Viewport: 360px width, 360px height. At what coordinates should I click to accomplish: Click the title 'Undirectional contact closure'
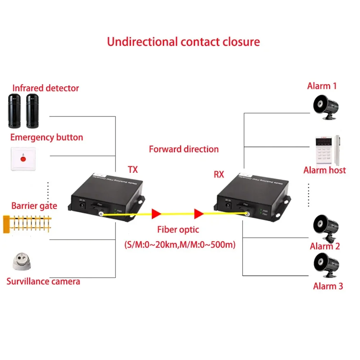[x=183, y=41]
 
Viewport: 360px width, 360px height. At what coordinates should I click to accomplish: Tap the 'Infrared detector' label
[x=46, y=88]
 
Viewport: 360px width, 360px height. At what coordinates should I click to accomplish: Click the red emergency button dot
[x=23, y=158]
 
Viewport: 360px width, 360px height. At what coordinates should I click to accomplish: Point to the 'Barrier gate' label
[x=34, y=206]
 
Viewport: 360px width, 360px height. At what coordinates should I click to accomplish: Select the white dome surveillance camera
[x=22, y=262]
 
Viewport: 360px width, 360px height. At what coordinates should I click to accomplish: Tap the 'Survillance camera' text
[x=43, y=281]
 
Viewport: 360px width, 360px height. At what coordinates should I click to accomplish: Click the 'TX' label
[x=132, y=169]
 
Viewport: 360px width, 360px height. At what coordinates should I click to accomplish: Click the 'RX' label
[x=219, y=175]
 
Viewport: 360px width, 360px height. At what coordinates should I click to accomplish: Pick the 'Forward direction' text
[x=184, y=149]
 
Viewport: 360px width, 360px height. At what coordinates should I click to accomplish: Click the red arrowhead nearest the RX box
[x=199, y=214]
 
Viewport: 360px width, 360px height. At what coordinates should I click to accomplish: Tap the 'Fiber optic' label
[x=178, y=229]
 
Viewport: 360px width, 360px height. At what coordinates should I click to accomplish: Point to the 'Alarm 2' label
[x=325, y=246]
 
